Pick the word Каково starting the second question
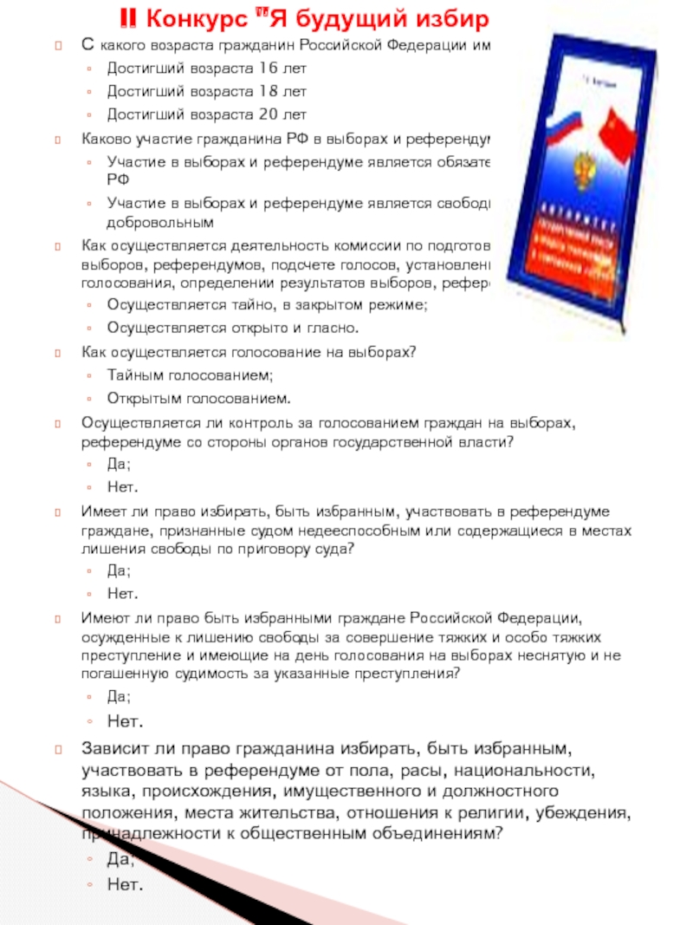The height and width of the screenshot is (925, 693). click(x=103, y=138)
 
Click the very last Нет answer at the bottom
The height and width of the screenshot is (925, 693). click(x=122, y=884)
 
